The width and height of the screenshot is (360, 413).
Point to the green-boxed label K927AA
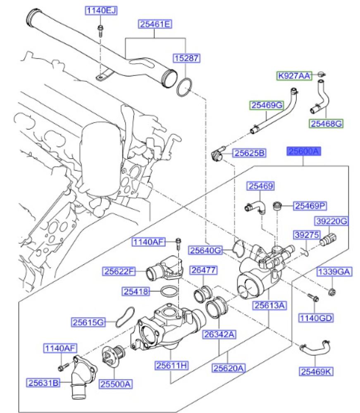[x=294, y=76]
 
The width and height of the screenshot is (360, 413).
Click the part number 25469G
[x=267, y=106]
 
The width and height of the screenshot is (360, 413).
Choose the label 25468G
[x=326, y=123]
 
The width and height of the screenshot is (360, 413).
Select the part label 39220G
[x=332, y=222]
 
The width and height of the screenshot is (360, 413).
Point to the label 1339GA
[x=334, y=272]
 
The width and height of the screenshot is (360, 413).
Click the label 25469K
[x=316, y=372]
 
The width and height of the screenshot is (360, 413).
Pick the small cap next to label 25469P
[x=278, y=205]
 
